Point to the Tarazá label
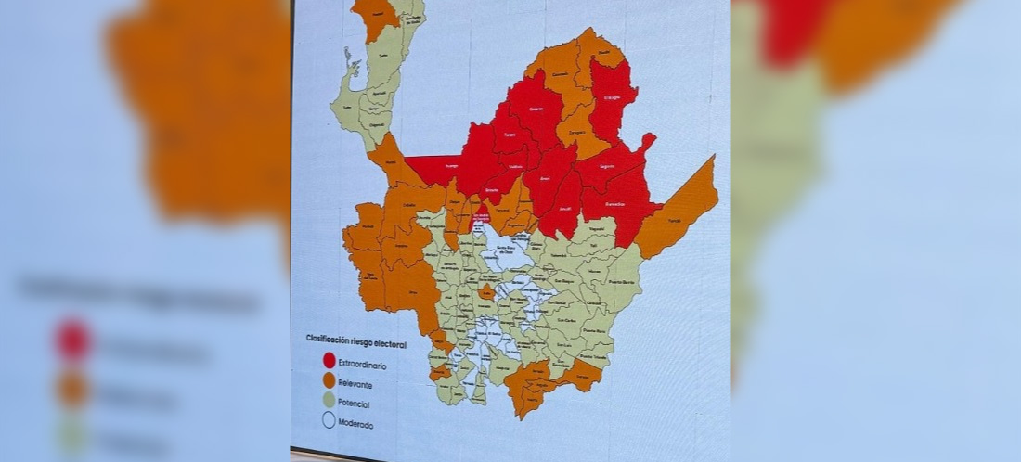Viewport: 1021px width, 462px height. [x=510, y=135]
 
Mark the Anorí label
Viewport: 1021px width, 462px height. [x=545, y=176]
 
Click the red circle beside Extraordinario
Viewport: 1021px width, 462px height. [x=329, y=360]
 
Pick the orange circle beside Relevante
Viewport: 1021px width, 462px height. [x=329, y=380]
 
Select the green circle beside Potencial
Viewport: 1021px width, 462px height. [x=329, y=401]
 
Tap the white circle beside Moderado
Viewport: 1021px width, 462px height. [x=329, y=422]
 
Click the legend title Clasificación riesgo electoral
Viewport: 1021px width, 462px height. [x=355, y=340]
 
